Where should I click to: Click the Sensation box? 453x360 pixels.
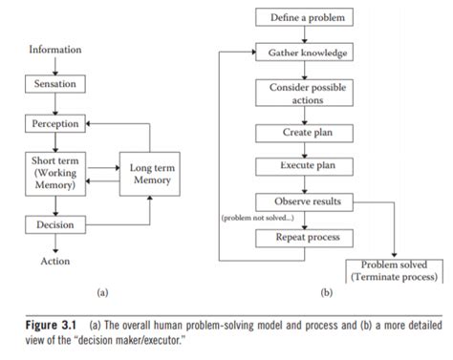54,85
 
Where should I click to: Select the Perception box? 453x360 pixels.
54,123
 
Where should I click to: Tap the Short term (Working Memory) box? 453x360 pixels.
54,172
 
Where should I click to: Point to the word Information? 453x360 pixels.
55,49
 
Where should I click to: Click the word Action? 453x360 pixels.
54,260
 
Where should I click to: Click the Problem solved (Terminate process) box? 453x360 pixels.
394,269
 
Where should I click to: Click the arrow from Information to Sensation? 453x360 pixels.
55,65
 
